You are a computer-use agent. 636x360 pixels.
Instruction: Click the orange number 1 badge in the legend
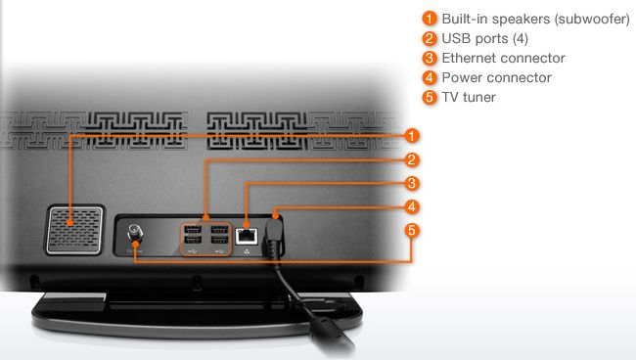tap(430, 19)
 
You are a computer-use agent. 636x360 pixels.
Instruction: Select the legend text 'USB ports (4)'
tap(484, 38)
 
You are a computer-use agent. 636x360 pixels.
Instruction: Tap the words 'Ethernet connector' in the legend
tap(503, 58)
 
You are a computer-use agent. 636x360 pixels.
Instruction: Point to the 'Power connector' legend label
tap(496, 77)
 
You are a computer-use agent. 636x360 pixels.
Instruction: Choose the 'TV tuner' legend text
tap(469, 97)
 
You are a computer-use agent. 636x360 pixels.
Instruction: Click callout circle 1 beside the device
tap(412, 136)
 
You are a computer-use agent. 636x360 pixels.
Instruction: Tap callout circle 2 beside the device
tap(412, 159)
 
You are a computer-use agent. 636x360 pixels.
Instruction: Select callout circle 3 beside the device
tap(412, 183)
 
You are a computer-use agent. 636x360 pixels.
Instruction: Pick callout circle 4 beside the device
tap(412, 206)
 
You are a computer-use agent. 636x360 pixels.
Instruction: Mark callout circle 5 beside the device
tap(412, 230)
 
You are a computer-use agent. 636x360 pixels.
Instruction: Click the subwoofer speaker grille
tap(75, 230)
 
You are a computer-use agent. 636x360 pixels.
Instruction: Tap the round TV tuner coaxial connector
tap(135, 234)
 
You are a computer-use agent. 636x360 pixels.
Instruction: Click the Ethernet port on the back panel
tap(247, 236)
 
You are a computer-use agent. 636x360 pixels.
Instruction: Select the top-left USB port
tap(193, 229)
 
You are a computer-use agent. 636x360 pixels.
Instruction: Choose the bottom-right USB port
tap(219, 240)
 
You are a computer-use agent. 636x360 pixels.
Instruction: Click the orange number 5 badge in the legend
tap(430, 97)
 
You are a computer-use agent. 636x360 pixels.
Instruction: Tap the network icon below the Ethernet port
tap(247, 251)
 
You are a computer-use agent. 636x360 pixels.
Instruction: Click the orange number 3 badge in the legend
tap(430, 58)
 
